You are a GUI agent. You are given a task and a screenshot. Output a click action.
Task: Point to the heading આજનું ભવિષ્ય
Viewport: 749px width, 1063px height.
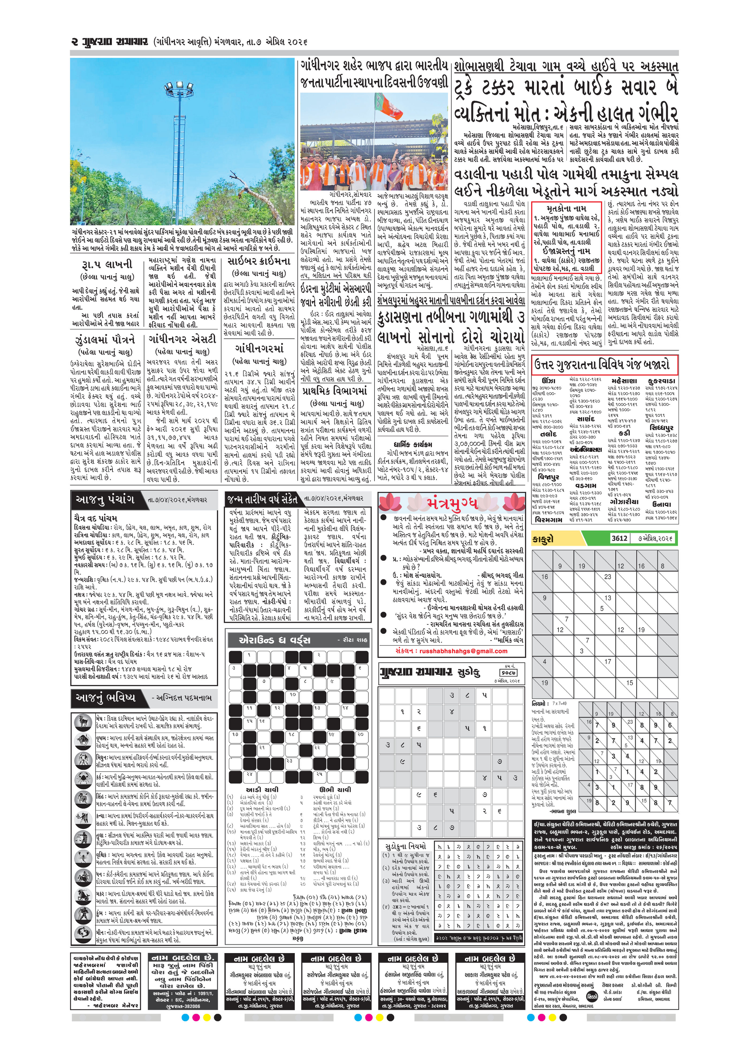(106, 698)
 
